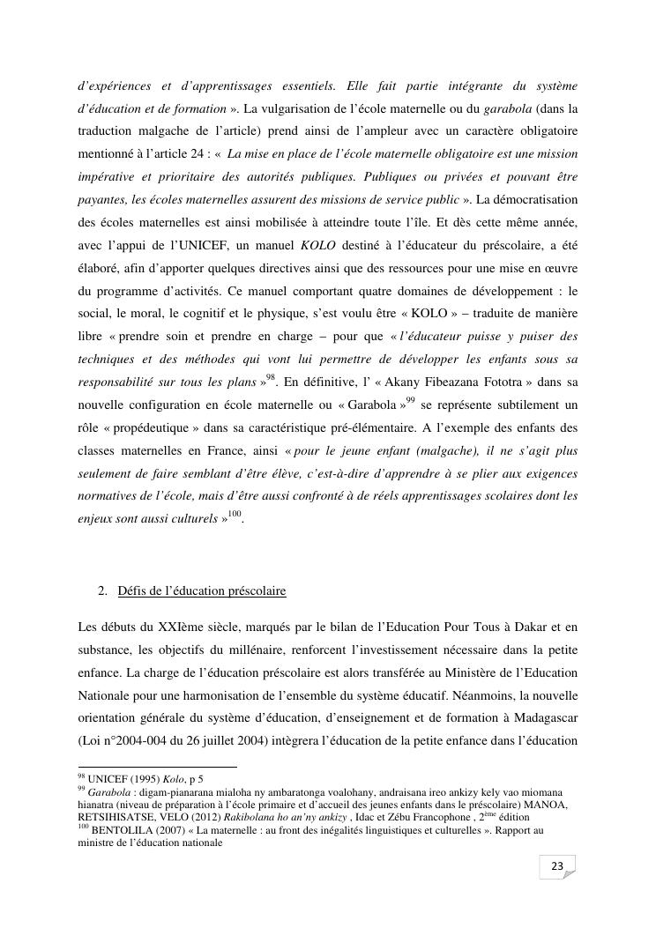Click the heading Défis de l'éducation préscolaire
202,590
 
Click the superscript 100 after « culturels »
233,514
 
